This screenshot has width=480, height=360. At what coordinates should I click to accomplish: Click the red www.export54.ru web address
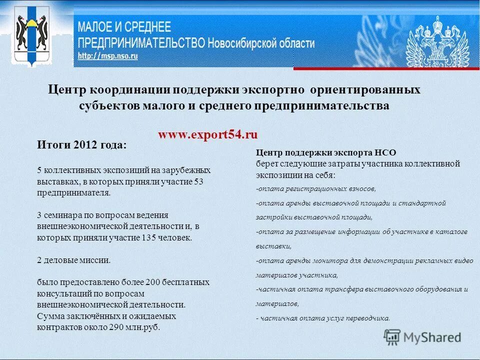[207, 134]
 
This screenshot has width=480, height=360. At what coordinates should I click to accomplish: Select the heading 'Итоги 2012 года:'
[82, 145]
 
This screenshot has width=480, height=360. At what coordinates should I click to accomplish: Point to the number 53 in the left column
[198, 181]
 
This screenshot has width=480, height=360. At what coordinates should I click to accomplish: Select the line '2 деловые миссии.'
[73, 260]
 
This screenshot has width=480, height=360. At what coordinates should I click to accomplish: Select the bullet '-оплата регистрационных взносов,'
[315, 189]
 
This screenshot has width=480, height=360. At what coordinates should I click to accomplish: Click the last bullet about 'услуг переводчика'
[322, 318]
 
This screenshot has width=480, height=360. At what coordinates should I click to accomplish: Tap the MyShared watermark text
[432, 337]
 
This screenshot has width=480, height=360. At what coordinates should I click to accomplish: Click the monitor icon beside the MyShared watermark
[392, 337]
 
